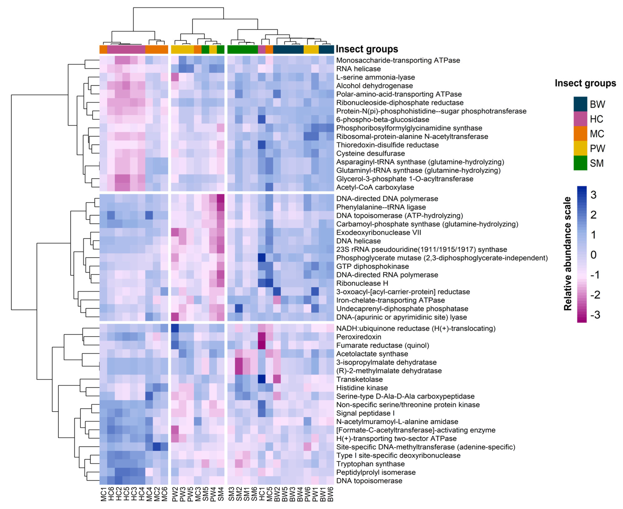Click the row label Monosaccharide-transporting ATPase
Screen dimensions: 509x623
[398, 60]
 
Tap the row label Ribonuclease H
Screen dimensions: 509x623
[362, 283]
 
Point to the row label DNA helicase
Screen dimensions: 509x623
[358, 241]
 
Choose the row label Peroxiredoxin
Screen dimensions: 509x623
[358, 337]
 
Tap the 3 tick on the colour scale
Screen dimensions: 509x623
[593, 195]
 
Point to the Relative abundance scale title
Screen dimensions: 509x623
[568, 254]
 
